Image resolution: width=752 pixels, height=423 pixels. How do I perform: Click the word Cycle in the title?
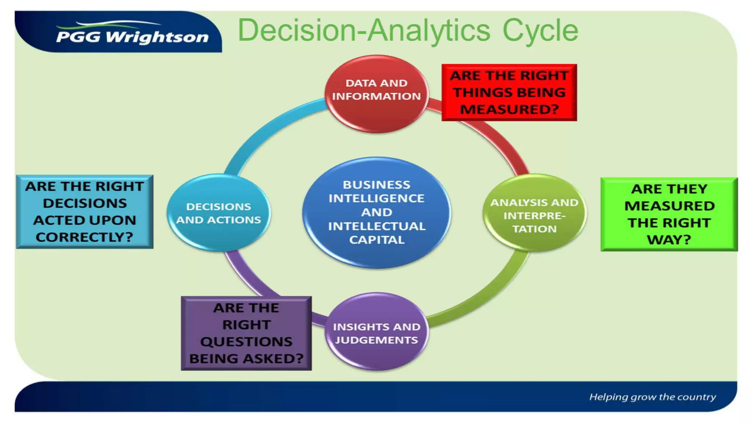pos(540,30)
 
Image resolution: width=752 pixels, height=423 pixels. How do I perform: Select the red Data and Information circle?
pos(376,94)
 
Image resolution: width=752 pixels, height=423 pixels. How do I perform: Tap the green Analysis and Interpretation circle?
pos(534,213)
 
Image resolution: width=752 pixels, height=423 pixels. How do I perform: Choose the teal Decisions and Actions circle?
pos(218,213)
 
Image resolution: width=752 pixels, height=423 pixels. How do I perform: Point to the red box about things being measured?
pos(509,92)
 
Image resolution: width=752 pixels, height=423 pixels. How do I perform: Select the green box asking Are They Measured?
pos(669,214)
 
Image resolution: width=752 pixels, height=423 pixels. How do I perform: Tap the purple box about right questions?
pos(246,333)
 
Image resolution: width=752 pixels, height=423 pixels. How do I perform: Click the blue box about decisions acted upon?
pos(84,212)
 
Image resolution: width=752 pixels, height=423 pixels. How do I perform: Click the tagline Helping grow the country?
pos(652,397)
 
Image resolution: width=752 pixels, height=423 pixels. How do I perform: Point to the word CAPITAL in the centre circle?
pos(377,240)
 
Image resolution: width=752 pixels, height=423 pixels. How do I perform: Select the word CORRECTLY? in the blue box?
pos(84,237)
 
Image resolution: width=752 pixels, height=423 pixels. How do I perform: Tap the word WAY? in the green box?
pos(669,240)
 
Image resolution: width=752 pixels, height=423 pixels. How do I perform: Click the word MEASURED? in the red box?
pos(509,109)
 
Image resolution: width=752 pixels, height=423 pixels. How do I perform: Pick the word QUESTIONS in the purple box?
pos(246,342)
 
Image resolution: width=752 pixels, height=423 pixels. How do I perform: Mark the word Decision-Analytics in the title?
pos(364,30)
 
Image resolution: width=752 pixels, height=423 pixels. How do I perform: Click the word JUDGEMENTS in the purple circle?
pos(376,340)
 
